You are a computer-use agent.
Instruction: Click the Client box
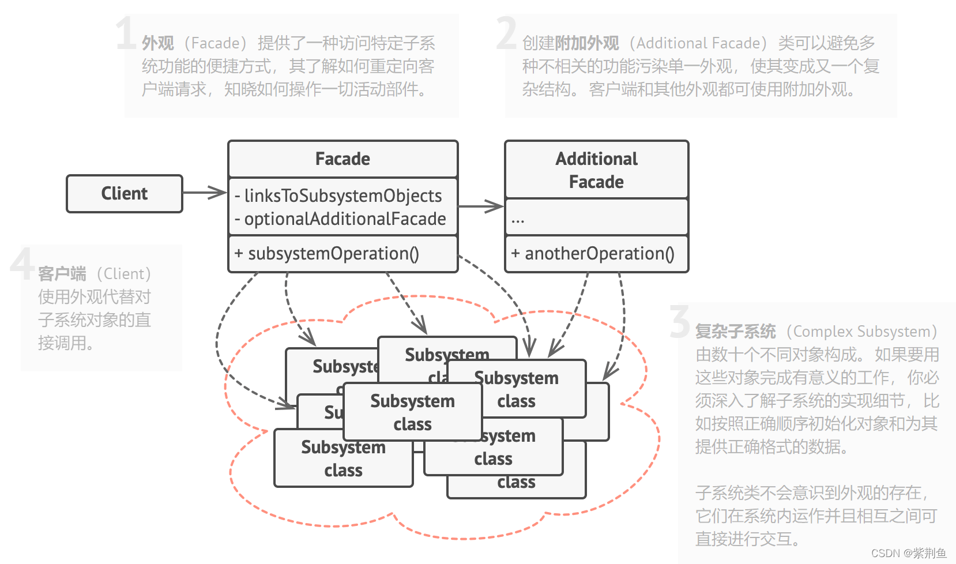tap(125, 194)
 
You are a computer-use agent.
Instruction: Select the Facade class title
tap(342, 159)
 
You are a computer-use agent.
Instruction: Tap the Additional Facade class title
tap(596, 170)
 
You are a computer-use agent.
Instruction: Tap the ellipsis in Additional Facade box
tap(517, 219)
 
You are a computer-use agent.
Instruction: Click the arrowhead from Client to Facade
tap(217, 193)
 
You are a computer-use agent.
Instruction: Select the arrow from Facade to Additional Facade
tap(481, 206)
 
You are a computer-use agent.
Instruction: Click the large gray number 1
tap(126, 33)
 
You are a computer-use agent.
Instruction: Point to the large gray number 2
tap(506, 33)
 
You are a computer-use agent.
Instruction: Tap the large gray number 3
tap(680, 321)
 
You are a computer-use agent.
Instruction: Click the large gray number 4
tap(22, 264)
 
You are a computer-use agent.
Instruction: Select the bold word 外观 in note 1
tap(157, 43)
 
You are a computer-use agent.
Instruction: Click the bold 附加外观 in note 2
tap(586, 43)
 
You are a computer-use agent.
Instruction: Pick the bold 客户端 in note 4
tap(62, 274)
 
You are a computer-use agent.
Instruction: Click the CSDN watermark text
tap(908, 553)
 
